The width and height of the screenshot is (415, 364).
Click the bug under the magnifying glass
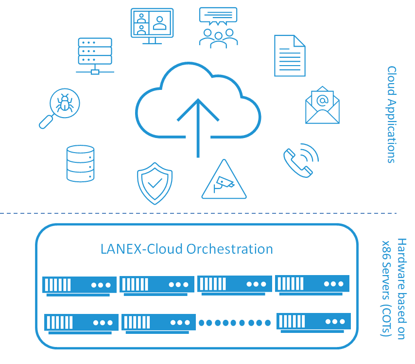click(65, 103)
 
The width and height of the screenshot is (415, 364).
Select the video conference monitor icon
click(152, 26)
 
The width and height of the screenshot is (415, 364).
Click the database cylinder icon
click(81, 163)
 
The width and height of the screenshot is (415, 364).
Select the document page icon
click(290, 55)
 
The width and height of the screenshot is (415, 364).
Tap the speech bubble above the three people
click(218, 16)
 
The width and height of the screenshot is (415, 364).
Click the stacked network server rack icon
click(95, 56)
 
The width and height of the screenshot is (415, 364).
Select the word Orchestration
click(229, 249)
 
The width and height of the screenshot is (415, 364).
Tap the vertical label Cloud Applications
click(392, 115)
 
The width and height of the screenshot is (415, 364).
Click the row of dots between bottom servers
click(235, 323)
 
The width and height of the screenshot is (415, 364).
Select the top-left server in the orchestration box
click(79, 286)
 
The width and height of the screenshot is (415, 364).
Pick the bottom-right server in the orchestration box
click(313, 323)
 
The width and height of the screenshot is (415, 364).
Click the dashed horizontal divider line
click(198, 213)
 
